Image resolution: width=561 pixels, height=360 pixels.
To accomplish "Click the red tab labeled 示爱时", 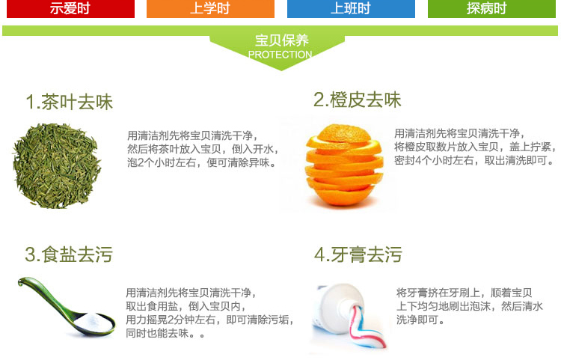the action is click(70, 8).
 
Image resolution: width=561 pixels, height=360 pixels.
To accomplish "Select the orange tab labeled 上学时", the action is click(210, 8).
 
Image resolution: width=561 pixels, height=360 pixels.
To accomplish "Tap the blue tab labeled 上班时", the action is click(351, 8).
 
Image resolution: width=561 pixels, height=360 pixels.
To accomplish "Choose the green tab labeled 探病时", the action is click(491, 8).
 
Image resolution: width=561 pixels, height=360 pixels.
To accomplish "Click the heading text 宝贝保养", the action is click(281, 40).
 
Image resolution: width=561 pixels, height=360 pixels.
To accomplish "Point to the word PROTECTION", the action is click(280, 55).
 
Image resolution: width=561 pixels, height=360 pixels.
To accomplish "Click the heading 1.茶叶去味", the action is click(70, 102).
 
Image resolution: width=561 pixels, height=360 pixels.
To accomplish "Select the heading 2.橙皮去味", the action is click(357, 100).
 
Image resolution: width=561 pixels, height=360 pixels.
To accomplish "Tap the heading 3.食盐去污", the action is click(69, 254).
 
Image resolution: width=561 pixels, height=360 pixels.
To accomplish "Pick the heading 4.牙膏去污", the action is click(358, 254).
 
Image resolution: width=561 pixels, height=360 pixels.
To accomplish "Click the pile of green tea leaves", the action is click(57, 165).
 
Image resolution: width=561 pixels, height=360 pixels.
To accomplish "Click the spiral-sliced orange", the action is click(344, 165).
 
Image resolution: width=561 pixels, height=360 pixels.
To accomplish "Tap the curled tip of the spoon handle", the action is click(22, 282).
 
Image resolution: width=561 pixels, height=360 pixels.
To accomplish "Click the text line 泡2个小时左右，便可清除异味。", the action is click(203, 162).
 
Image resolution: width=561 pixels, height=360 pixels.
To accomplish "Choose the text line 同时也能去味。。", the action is click(165, 333).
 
